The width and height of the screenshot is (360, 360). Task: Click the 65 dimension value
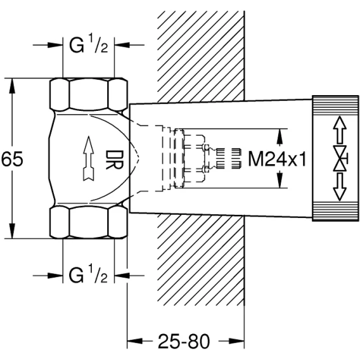12,158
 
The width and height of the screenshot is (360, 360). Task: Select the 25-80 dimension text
184,341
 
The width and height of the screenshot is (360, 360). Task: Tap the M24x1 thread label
277,159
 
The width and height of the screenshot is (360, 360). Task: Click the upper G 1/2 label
89,45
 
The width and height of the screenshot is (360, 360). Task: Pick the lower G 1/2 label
89,275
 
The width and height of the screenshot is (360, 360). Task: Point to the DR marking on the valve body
115,160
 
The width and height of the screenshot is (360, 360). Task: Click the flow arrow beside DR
88,158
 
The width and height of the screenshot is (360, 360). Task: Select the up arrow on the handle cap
340,130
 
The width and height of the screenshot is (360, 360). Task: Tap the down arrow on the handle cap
340,187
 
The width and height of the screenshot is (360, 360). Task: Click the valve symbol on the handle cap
340,158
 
